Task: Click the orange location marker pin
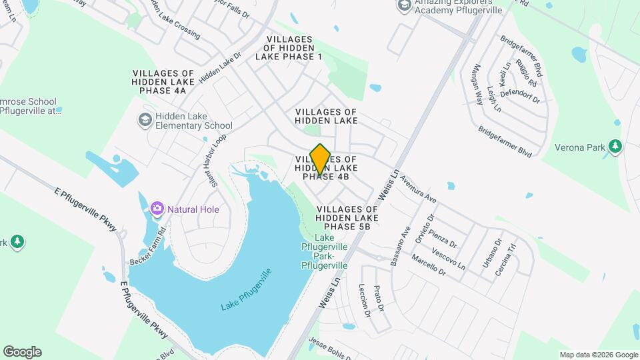(321, 159)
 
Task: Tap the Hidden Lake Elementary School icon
(144, 120)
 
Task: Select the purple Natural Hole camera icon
(157, 209)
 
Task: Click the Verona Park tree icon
(616, 146)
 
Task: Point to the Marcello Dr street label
(428, 265)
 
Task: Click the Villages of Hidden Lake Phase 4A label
(163, 82)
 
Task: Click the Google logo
(22, 352)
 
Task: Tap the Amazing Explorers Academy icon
(404, 6)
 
